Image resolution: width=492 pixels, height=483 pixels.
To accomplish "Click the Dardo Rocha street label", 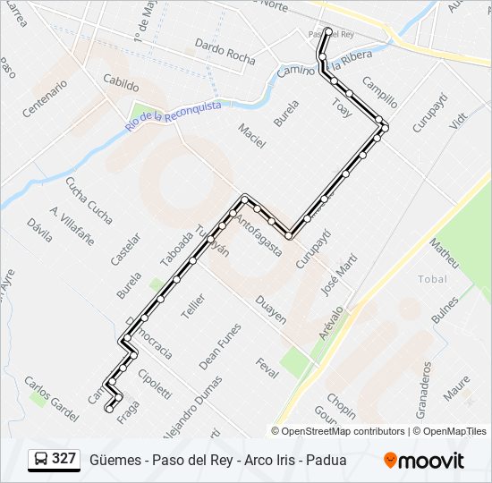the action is (x=225, y=53).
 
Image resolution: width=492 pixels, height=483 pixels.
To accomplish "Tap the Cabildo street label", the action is (x=121, y=82).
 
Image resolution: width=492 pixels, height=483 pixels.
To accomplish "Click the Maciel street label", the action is (x=252, y=141).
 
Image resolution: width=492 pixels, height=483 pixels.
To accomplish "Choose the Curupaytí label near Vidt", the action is (x=429, y=113).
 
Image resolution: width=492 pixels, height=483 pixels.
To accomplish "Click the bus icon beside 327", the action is (x=40, y=460).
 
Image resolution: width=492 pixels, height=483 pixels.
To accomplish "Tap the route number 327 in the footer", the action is (x=64, y=459).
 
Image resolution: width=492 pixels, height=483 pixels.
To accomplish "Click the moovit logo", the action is (x=424, y=460).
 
